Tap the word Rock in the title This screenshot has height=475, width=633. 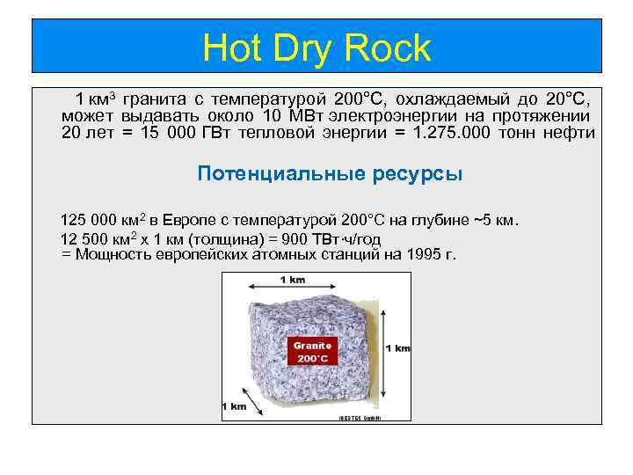[x=393, y=47]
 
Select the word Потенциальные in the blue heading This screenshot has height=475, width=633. [x=266, y=173]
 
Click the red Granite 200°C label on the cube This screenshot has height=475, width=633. [x=313, y=352]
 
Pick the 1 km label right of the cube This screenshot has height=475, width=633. [x=397, y=348]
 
